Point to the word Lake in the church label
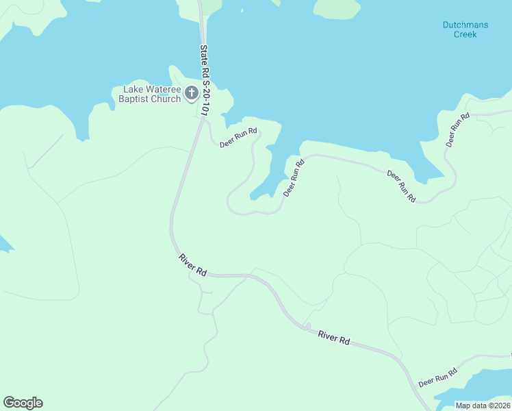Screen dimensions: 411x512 (x=133, y=89)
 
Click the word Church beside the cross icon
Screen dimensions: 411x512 (x=166, y=99)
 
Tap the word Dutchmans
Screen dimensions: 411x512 (x=465, y=25)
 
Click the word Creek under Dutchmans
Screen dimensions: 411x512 (x=465, y=34)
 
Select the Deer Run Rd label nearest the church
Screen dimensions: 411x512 (x=238, y=138)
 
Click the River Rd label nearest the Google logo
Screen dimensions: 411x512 (x=192, y=264)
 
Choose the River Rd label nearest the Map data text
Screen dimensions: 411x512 (x=334, y=338)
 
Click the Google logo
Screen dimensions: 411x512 (x=23, y=403)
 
